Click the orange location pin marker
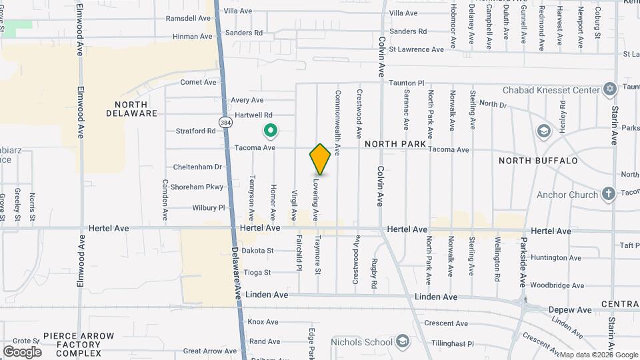coord(320,159)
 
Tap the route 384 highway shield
coord(226,121)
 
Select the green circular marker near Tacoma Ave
coord(271,131)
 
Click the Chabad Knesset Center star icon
coord(609,89)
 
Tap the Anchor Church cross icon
coord(608,195)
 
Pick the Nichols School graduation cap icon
coord(402,342)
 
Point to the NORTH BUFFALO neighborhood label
coord(538,161)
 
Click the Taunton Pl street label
coord(406,83)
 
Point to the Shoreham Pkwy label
coord(197,187)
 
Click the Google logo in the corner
coord(22,351)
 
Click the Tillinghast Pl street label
coord(448,344)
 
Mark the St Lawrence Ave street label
coord(416,49)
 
